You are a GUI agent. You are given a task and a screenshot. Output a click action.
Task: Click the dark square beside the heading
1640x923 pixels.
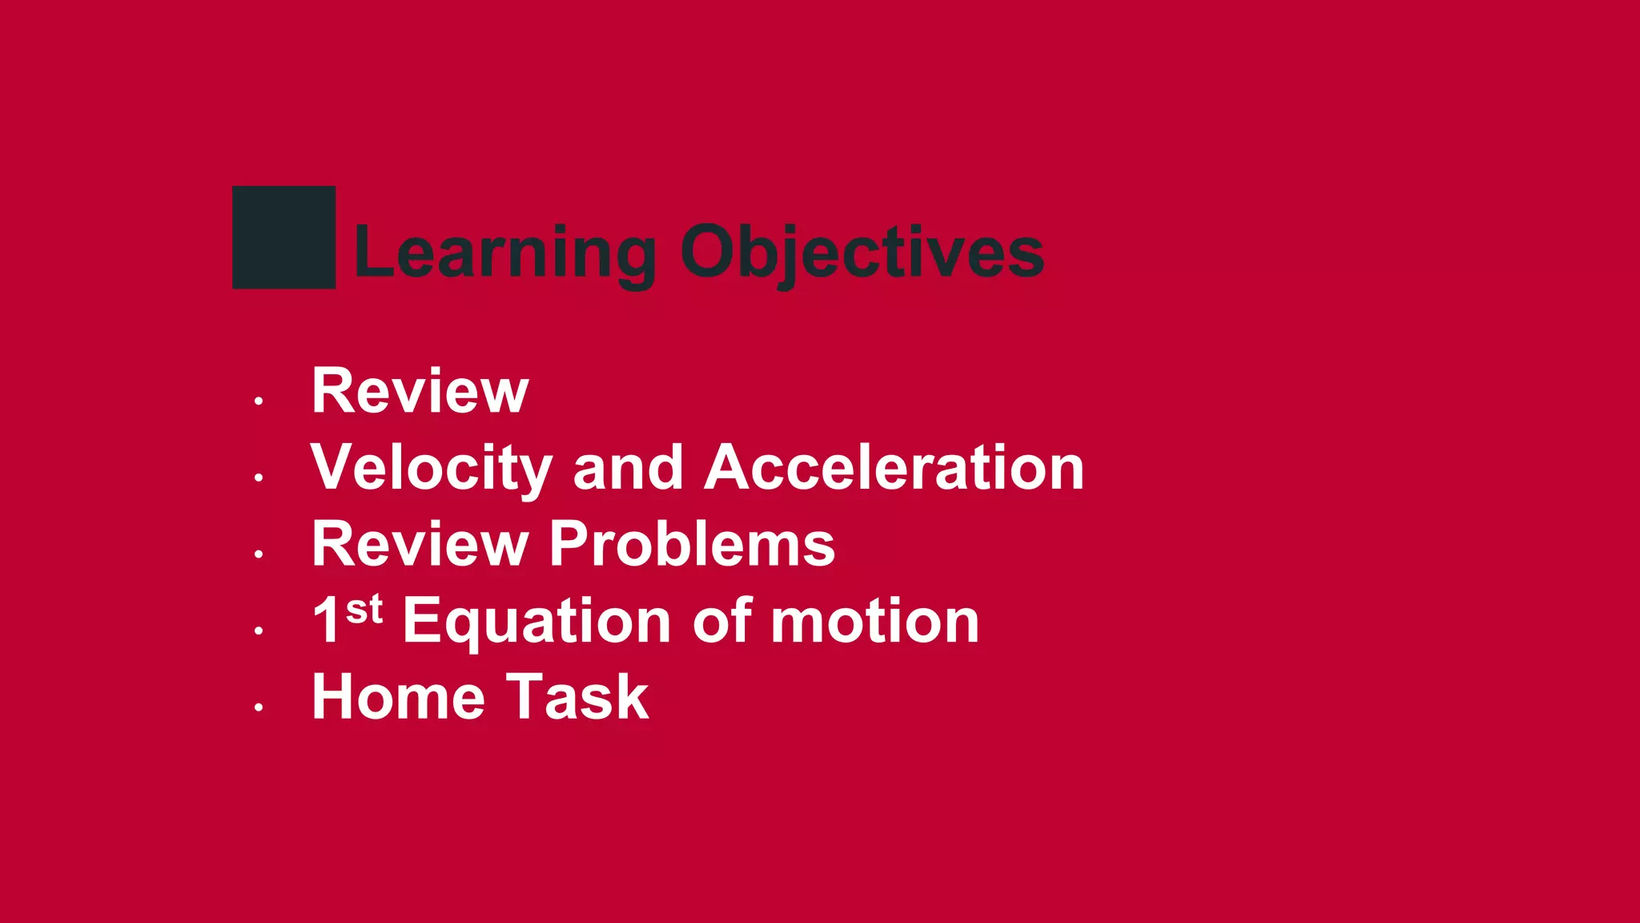(283, 237)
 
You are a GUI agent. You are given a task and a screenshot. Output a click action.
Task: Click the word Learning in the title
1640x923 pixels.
(504, 252)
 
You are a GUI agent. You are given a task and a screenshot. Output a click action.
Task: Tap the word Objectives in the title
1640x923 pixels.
(862, 252)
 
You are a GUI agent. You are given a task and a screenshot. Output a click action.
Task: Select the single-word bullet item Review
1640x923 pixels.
(420, 391)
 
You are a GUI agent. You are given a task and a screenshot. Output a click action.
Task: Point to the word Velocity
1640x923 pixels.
(432, 468)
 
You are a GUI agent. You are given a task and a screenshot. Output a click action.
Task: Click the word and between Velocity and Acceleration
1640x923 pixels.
(628, 468)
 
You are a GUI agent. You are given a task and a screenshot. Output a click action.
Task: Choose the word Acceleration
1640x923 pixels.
(894, 468)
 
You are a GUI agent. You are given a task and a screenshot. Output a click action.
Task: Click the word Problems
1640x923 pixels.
(692, 544)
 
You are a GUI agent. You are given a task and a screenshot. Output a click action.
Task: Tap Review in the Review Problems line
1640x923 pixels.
(420, 544)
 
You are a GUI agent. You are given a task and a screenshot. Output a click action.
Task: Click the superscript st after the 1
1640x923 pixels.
(364, 611)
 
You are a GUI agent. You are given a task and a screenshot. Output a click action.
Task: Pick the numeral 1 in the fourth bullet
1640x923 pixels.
(326, 621)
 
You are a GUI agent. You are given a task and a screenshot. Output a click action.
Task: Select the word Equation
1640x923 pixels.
(536, 623)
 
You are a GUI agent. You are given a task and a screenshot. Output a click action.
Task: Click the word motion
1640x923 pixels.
(874, 621)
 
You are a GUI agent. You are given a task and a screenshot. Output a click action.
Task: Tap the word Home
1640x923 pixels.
(398, 697)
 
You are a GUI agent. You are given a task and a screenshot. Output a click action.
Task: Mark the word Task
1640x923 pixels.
(577, 697)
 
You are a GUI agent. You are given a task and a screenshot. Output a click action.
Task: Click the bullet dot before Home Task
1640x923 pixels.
(259, 707)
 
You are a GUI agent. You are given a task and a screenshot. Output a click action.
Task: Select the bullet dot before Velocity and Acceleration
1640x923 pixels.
(259, 478)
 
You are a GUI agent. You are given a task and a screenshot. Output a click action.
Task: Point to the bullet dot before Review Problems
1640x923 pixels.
(259, 554)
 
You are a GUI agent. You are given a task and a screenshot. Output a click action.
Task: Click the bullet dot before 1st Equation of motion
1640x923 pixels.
(259, 631)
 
